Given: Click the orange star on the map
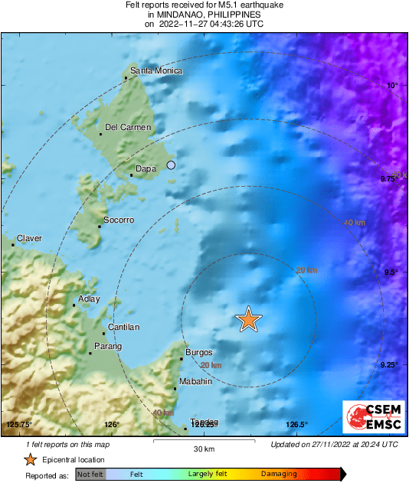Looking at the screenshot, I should click(248, 318).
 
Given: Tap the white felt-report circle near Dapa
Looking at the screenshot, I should click(172, 165).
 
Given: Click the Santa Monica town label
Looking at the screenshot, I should click(156, 71).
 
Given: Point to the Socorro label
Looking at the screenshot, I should click(119, 220).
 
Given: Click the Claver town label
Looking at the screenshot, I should click(29, 238).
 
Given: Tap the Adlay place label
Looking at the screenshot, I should click(90, 299).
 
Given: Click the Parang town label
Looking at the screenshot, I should click(107, 348).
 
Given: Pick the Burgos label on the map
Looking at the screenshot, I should click(198, 353).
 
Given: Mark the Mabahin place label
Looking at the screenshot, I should click(195, 381).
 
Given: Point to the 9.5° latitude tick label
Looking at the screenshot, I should click(390, 273).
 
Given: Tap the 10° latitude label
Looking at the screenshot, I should click(392, 86).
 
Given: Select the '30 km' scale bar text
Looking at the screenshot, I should click(204, 449).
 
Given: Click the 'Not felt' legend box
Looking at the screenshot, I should click(90, 475).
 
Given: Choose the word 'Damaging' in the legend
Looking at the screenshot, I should click(280, 475).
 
